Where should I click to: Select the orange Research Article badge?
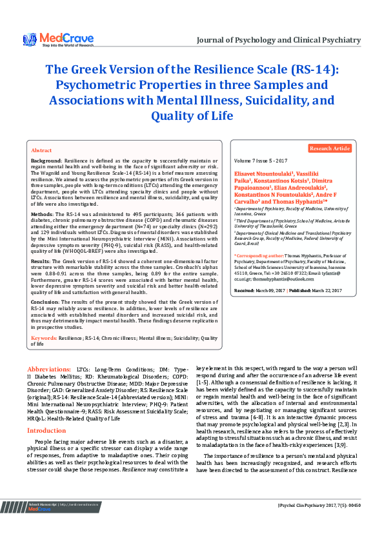coord(330,148)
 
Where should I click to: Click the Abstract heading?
coord(42,150)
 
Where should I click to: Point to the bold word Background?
coord(46,160)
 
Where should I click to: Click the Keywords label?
coord(45,338)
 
